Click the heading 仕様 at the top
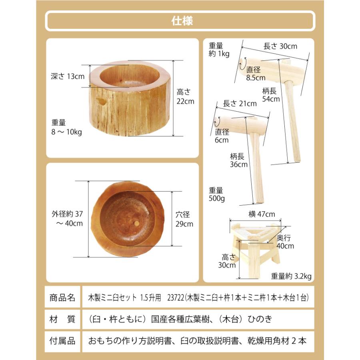(180, 20)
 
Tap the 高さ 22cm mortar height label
(185, 96)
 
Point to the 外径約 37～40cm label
(68, 218)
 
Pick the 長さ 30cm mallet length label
(280, 46)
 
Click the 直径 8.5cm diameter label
(256, 73)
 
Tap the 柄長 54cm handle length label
(271, 95)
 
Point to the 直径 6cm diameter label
(222, 136)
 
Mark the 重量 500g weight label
(216, 195)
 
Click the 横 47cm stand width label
(262, 214)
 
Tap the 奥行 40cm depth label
(286, 242)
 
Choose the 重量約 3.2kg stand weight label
(291, 276)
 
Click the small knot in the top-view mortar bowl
(136, 224)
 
